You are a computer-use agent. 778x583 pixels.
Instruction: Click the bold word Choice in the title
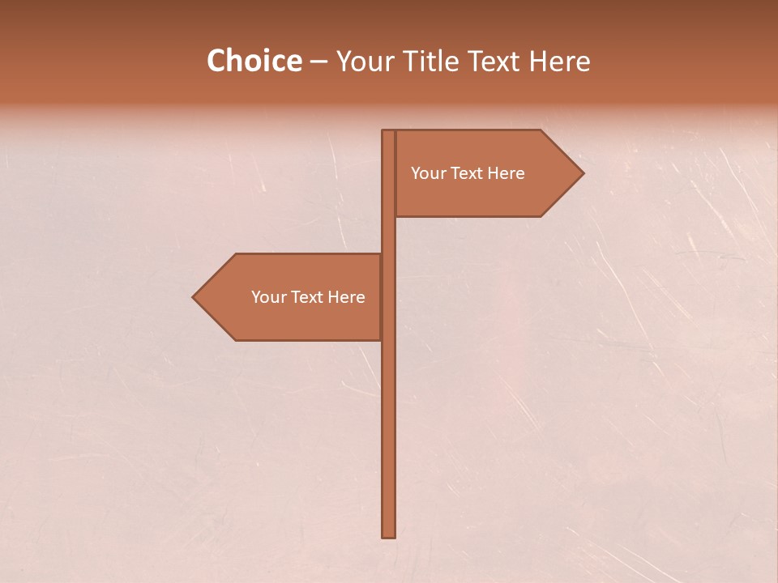(254, 62)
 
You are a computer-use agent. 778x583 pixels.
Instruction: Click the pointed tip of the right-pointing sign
(582, 172)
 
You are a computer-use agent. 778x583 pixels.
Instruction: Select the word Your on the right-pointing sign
(428, 173)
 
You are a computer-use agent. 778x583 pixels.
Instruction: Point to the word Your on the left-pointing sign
(268, 297)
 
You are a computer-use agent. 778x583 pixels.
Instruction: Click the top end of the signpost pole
(389, 132)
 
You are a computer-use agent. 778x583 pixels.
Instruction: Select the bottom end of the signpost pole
(389, 534)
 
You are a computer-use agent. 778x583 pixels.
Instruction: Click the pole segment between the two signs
(389, 235)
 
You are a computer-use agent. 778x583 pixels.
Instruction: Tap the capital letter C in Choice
(216, 62)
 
